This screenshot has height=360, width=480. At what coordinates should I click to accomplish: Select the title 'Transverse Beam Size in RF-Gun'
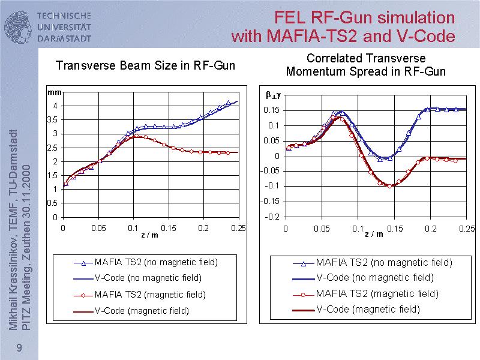pos(145,65)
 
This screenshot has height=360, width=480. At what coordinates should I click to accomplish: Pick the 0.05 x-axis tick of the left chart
pos(98,228)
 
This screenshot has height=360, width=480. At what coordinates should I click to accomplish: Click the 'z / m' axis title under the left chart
pos(150,235)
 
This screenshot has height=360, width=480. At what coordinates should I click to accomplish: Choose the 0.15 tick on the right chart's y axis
pos(272,110)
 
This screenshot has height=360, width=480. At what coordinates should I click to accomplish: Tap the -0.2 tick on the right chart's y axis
pos(272,217)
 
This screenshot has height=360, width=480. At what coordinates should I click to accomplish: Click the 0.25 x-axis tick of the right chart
pos(467,228)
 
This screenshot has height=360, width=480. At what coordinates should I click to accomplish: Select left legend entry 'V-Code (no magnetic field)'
pos(148,278)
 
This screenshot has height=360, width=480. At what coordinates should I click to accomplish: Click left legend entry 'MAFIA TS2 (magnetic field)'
pos(150,295)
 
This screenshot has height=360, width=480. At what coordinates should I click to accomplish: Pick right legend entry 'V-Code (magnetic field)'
pos(368,309)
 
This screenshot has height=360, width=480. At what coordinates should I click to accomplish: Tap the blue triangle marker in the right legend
pos(304,263)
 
